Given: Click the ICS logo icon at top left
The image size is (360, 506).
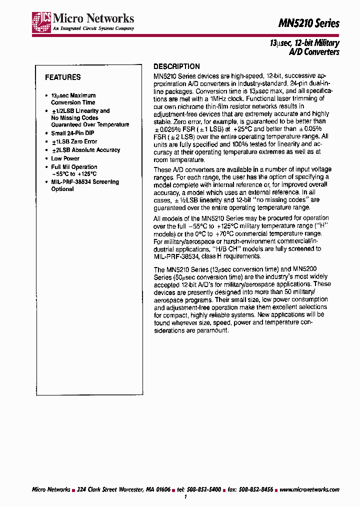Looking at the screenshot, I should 41,21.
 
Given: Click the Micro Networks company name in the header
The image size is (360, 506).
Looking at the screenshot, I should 93,18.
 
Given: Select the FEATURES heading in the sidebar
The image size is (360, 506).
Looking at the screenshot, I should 62,77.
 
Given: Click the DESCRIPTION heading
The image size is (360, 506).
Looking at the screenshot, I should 176,66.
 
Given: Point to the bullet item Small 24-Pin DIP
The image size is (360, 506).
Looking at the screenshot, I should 72,133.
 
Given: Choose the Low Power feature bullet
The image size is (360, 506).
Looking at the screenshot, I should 65,158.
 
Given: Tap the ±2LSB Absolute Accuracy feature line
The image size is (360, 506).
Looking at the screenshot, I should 85,150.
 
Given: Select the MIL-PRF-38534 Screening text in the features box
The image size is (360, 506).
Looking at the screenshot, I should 85,181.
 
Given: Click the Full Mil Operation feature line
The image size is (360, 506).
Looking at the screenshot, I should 74,167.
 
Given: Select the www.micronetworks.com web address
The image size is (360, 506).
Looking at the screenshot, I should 309,489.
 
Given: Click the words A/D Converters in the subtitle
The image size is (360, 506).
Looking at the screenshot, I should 314,51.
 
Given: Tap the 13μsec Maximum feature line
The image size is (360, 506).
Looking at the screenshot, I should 73,95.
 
